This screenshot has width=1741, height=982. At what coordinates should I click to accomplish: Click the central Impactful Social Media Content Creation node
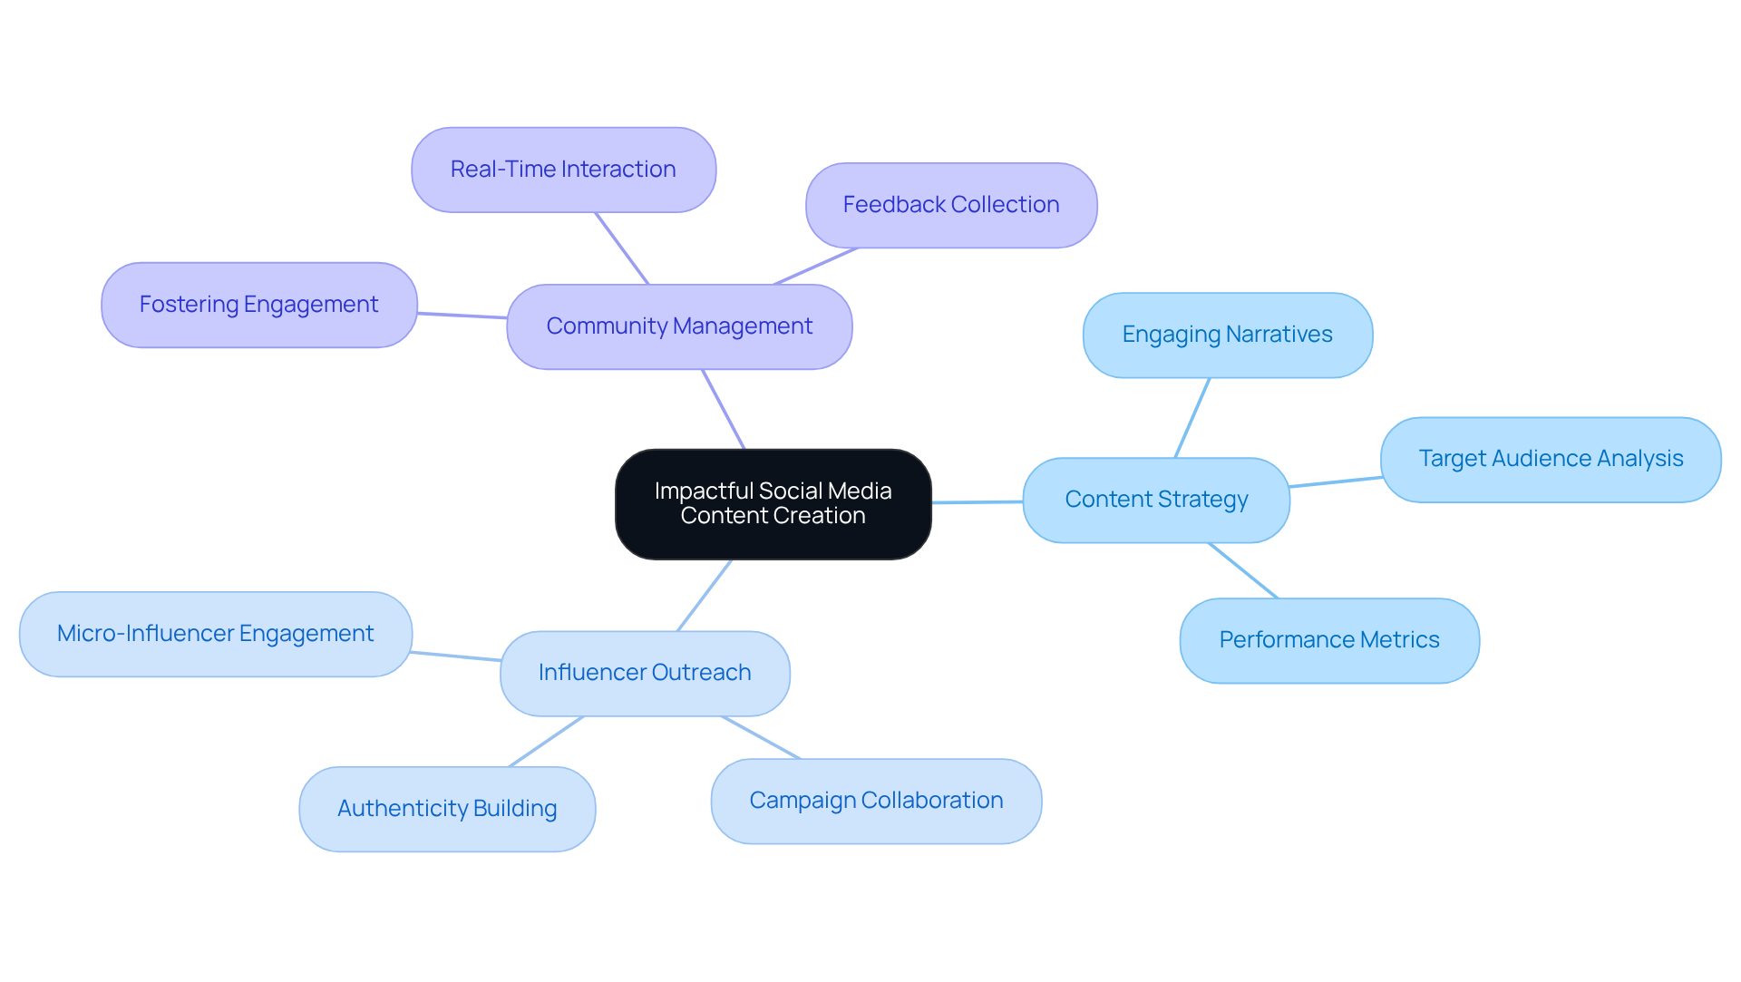[773, 504]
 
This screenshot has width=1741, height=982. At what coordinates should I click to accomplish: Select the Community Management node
[679, 326]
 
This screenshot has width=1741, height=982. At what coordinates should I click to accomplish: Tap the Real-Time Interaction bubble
[563, 170]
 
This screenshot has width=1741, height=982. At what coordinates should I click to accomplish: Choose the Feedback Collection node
[951, 205]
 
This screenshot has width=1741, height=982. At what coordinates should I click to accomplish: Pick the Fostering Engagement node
[258, 305]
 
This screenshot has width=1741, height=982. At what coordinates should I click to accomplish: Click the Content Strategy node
[1156, 500]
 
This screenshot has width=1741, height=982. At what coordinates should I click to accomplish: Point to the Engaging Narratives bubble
[1227, 335]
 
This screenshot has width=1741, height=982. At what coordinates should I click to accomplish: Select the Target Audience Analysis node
[1551, 459]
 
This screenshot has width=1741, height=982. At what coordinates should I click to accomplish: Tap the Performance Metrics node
[1329, 640]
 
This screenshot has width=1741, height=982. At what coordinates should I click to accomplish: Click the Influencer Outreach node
[645, 673]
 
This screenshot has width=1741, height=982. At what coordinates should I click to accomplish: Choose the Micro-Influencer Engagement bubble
[215, 634]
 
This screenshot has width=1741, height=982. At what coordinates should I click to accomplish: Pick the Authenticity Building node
[447, 809]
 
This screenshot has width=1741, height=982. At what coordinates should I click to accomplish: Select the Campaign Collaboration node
[876, 801]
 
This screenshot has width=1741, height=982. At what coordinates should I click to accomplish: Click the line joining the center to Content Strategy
[977, 501]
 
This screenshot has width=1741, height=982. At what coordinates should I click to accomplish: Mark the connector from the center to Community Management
[724, 409]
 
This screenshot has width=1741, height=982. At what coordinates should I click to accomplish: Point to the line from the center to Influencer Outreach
[705, 595]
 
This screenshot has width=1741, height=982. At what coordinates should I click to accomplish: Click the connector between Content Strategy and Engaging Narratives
[1192, 417]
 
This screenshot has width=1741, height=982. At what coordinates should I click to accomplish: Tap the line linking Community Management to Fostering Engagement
[462, 316]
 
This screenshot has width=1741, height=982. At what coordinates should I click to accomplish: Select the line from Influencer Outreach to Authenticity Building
[547, 741]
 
